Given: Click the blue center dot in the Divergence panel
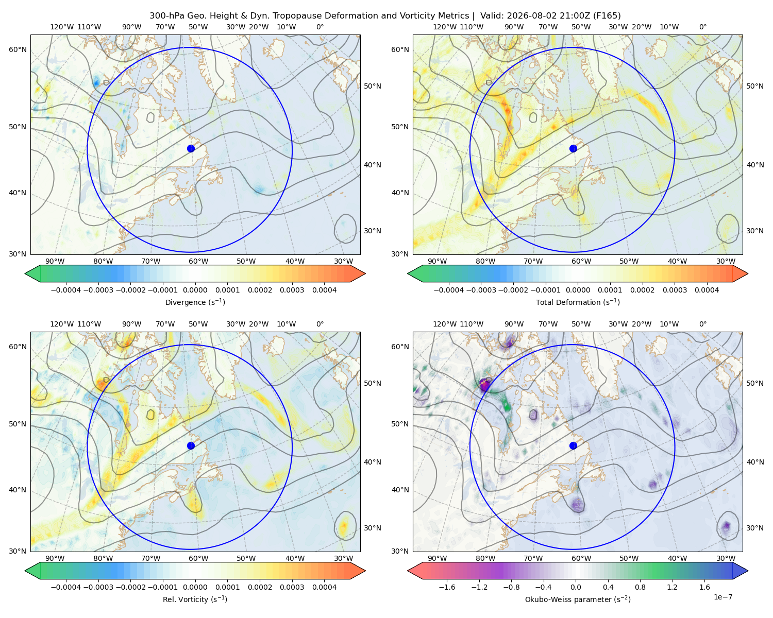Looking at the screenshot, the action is pyautogui.click(x=191, y=148).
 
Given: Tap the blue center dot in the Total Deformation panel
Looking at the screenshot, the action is pyautogui.click(x=573, y=148).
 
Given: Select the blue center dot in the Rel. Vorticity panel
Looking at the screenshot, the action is pyautogui.click(x=191, y=445).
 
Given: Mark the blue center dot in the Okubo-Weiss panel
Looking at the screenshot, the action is pyautogui.click(x=573, y=445).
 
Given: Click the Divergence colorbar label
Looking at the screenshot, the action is pyautogui.click(x=195, y=302).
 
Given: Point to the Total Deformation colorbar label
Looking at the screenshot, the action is pyautogui.click(x=578, y=302).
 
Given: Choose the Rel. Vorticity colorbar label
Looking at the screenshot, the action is pyautogui.click(x=195, y=599).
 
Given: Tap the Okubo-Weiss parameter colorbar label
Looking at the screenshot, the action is pyautogui.click(x=578, y=599).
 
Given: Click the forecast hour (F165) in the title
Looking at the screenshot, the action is pyautogui.click(x=607, y=16).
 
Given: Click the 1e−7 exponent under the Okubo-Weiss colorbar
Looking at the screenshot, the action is pyautogui.click(x=722, y=597).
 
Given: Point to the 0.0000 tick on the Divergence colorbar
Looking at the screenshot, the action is pyautogui.click(x=195, y=290).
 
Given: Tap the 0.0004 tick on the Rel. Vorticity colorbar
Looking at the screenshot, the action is pyautogui.click(x=324, y=587).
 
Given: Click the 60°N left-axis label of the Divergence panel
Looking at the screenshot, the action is pyautogui.click(x=18, y=49).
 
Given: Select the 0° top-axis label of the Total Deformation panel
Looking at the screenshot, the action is pyautogui.click(x=702, y=27).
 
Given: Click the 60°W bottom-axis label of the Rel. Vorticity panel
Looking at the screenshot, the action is pyautogui.click(x=198, y=558).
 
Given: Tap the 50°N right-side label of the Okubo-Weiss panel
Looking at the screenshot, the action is pyautogui.click(x=755, y=383).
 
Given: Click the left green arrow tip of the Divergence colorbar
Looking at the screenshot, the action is pyautogui.click(x=25, y=273).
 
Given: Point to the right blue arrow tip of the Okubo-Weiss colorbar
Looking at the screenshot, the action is pyautogui.click(x=748, y=571).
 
